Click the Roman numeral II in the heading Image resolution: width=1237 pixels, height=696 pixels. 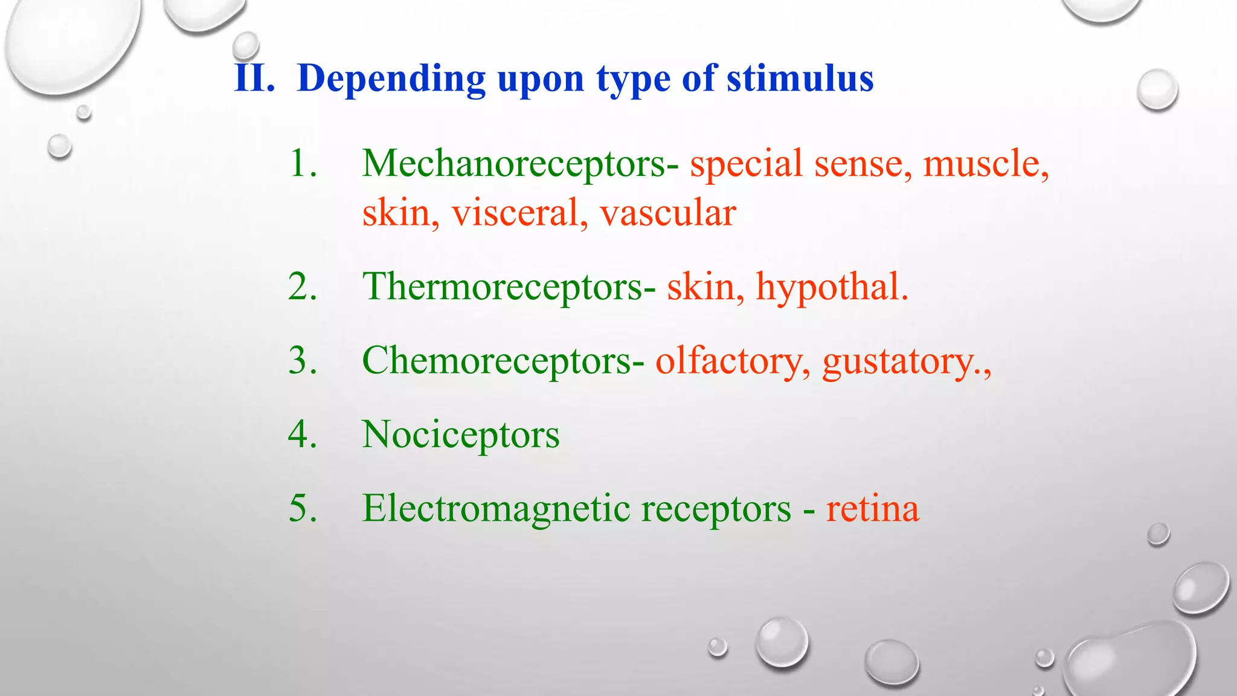[254, 79]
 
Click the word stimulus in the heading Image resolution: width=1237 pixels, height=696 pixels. [800, 79]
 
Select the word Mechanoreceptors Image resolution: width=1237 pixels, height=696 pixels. [513, 164]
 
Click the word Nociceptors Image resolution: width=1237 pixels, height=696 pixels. [460, 434]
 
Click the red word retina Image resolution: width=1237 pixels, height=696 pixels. [872, 509]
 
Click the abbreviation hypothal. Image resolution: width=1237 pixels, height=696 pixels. [831, 286]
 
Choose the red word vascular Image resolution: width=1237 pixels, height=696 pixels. [667, 213]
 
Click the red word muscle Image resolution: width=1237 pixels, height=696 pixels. [985, 164]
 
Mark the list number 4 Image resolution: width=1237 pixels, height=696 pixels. [302, 434]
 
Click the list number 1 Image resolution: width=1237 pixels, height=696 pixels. [302, 164]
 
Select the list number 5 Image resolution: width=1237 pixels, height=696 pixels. [302, 509]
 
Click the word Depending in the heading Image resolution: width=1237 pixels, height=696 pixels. [391, 79]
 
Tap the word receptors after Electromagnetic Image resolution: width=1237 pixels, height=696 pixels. [716, 509]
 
